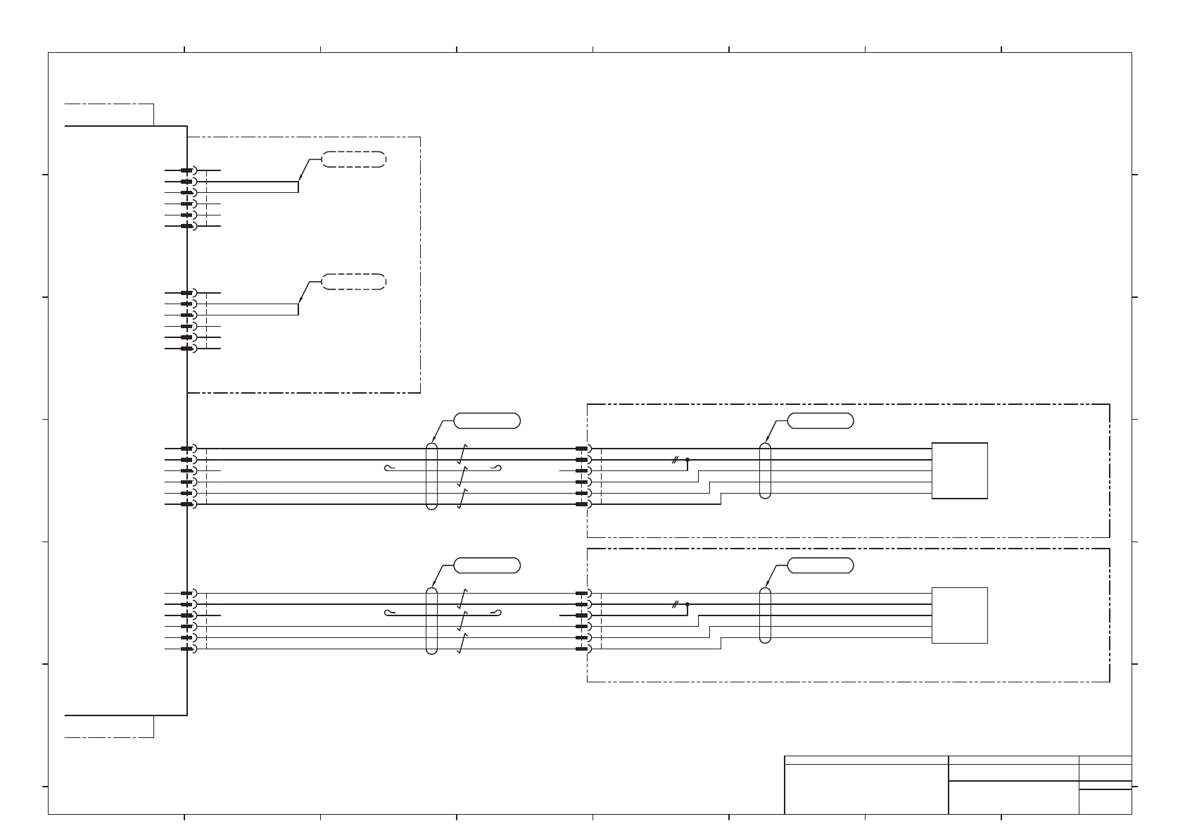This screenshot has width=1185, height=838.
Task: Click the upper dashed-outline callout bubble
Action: [354, 159]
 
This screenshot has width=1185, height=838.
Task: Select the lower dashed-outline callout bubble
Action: [354, 282]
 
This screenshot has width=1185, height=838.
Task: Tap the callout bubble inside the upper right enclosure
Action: [820, 421]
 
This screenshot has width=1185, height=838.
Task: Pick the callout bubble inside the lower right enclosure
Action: [820, 565]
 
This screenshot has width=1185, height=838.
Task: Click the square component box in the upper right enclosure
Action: [959, 470]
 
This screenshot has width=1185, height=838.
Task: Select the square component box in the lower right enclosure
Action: [959, 615]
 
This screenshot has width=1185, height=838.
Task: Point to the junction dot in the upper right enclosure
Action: [687, 459]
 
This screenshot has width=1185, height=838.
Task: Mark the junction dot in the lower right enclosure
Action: [687, 604]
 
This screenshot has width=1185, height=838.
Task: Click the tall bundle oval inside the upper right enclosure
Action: [766, 470]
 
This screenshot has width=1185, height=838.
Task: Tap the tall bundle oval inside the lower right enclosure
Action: [766, 615]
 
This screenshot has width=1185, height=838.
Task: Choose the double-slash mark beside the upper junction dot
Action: [675, 459]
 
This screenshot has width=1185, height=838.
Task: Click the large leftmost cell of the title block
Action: [866, 789]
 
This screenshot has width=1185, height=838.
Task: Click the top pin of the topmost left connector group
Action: [186, 170]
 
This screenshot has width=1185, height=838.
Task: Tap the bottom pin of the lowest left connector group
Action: [186, 649]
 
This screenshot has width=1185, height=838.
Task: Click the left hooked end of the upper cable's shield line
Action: [389, 468]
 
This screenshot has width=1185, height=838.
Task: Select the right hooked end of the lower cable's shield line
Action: [498, 613]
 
